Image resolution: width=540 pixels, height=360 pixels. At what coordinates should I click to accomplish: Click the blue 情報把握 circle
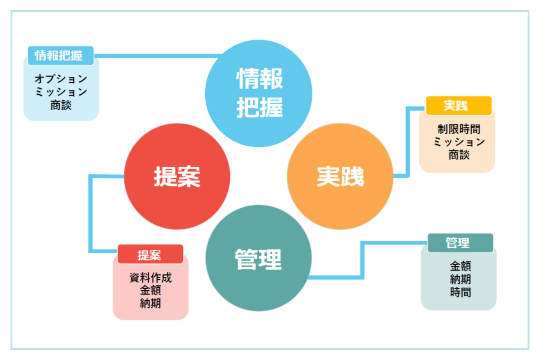point(259,93)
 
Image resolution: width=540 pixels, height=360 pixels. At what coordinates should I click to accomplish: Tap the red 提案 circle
point(177,176)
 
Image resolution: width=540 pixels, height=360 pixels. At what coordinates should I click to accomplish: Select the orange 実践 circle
point(340,176)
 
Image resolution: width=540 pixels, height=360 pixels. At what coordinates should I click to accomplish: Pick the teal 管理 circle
point(259,258)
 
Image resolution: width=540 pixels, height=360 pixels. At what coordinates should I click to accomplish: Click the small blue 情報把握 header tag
point(61,56)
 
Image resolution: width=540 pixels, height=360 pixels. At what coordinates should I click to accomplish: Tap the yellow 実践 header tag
point(458,106)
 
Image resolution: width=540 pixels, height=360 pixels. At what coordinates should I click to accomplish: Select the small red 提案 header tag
point(150,254)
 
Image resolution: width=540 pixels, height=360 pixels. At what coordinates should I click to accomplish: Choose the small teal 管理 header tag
point(460,243)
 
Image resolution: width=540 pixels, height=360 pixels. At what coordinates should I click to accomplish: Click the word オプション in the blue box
point(61,79)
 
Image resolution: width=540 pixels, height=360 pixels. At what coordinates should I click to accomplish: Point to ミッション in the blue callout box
point(61,92)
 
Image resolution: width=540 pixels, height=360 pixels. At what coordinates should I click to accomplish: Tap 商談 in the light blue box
point(61,105)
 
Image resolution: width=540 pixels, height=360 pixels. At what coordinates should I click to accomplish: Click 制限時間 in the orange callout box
point(459,129)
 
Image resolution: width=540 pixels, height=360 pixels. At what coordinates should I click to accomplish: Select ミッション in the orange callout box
point(459,142)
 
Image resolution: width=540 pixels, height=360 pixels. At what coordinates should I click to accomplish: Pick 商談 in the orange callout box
point(459,155)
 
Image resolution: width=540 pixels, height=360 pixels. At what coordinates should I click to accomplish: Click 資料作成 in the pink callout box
point(150,278)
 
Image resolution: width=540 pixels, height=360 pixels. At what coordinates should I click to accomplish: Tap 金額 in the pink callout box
point(150,290)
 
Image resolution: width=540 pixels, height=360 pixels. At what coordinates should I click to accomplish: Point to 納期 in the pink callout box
point(150,303)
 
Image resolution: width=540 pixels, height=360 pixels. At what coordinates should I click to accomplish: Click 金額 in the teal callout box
point(460,266)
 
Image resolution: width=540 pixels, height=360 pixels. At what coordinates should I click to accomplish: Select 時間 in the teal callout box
point(460,292)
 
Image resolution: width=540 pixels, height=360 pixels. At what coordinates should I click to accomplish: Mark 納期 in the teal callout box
point(460,279)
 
